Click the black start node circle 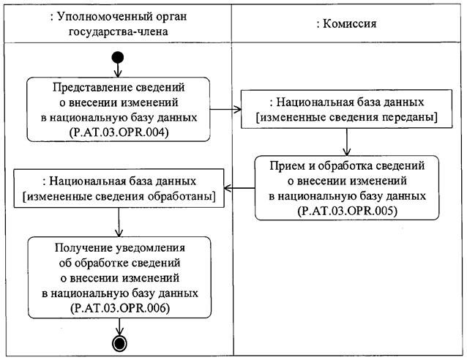pyautogui.click(x=118, y=58)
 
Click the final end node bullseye pyautogui.click(x=118, y=343)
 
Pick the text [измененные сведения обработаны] pyautogui.click(x=119, y=195)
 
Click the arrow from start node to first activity pyautogui.click(x=118, y=70)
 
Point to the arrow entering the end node pyautogui.click(x=118, y=329)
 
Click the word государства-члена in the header pyautogui.click(x=118, y=31)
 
